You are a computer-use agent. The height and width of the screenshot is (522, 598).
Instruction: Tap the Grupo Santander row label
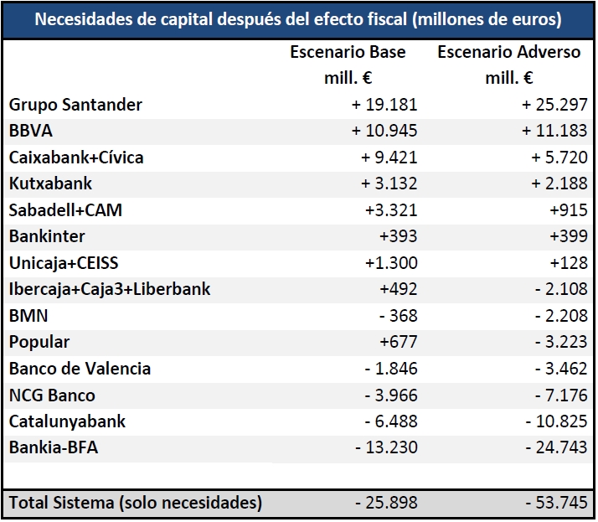75,105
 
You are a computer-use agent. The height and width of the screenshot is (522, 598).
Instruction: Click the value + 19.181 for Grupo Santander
384,105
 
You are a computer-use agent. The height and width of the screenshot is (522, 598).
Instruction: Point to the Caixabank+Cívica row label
76,158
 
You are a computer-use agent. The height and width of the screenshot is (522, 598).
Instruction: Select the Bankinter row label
47,236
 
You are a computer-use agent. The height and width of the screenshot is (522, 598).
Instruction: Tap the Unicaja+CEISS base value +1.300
390,263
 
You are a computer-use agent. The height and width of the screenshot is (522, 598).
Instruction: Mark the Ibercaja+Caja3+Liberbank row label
110,289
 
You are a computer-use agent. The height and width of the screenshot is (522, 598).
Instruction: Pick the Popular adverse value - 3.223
559,342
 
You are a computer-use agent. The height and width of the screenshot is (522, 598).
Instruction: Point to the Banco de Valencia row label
80,369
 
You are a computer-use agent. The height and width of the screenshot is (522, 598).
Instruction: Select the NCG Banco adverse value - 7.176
559,395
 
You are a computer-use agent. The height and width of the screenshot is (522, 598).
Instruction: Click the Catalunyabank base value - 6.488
389,421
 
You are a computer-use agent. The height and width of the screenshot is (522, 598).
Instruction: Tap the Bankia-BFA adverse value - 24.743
555,447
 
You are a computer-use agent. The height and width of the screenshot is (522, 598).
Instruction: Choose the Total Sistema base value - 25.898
384,503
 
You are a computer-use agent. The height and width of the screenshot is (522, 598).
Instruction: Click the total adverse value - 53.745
555,503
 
